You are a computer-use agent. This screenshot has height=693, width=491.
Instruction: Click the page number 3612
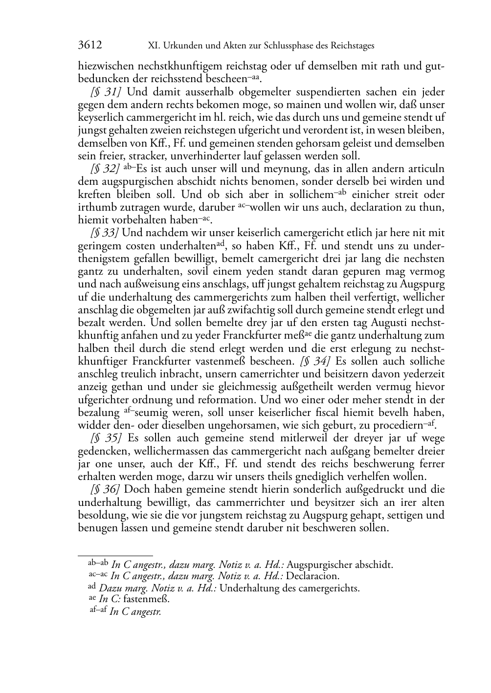pyautogui.click(x=90, y=45)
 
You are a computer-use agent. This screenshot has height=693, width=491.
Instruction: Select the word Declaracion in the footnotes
pyautogui.click(x=312, y=576)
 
